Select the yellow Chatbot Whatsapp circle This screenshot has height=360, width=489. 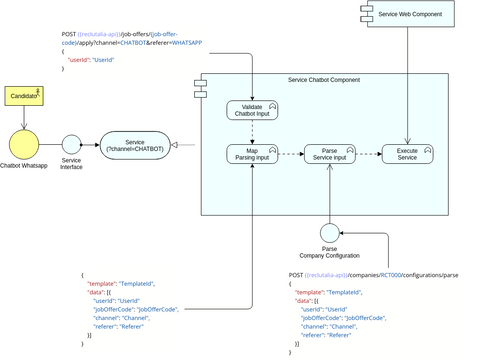pyautogui.click(x=23, y=143)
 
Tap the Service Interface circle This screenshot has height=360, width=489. pyautogui.click(x=71, y=145)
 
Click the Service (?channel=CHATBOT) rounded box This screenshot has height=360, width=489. pyautogui.click(x=133, y=146)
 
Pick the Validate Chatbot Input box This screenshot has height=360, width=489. pyautogui.click(x=252, y=110)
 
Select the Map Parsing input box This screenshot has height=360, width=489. pyautogui.click(x=252, y=154)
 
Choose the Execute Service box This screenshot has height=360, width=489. pyautogui.click(x=407, y=154)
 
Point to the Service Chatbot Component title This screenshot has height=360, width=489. pyautogui.click(x=323, y=80)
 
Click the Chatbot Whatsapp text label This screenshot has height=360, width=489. pyautogui.click(x=23, y=166)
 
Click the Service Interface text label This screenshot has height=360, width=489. pyautogui.click(x=71, y=164)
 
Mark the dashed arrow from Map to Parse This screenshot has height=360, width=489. pyautogui.click(x=290, y=154)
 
